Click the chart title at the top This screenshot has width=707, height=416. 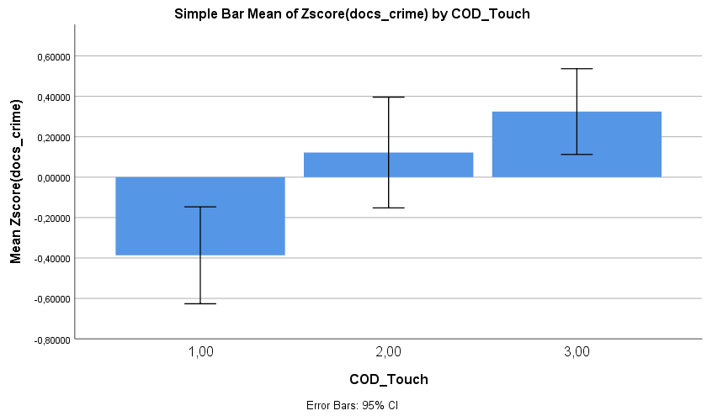click(x=352, y=14)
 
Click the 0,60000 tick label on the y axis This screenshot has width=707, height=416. click(x=53, y=56)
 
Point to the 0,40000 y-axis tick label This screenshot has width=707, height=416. click(x=53, y=97)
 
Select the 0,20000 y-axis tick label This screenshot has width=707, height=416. click(x=53, y=137)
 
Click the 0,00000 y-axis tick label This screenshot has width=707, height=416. click(x=53, y=177)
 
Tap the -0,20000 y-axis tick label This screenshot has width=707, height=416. click(x=51, y=218)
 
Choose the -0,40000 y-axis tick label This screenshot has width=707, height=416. click(x=51, y=258)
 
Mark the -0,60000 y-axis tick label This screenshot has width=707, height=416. click(x=51, y=298)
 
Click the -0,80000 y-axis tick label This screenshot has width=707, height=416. click(x=51, y=339)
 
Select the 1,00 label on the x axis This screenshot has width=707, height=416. click(x=200, y=352)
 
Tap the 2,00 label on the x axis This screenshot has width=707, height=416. click(x=388, y=352)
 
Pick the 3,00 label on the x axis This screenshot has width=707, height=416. click(x=577, y=352)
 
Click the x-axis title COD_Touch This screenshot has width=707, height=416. click(x=388, y=380)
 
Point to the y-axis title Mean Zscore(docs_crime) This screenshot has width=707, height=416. click(x=16, y=181)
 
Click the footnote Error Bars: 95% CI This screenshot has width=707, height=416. click(x=352, y=405)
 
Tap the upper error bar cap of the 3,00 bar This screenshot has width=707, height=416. click(x=577, y=69)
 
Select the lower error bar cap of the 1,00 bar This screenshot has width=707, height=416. click(x=200, y=303)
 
